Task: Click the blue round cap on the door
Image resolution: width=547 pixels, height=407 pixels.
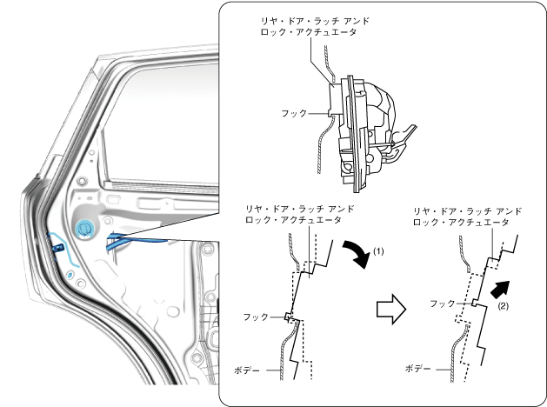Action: [86, 230]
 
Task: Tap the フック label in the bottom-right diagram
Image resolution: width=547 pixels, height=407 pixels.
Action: [443, 304]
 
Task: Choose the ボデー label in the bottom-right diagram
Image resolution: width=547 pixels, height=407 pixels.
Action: [418, 369]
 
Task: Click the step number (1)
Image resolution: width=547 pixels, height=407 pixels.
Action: [378, 250]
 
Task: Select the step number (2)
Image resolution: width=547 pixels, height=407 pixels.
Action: [503, 305]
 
